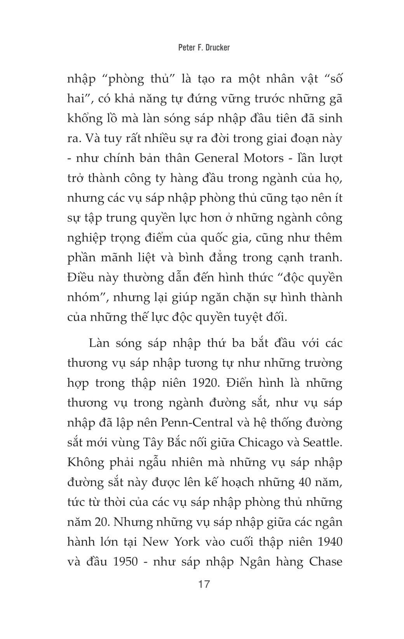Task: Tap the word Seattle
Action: [322, 443]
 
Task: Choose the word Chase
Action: [326, 562]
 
